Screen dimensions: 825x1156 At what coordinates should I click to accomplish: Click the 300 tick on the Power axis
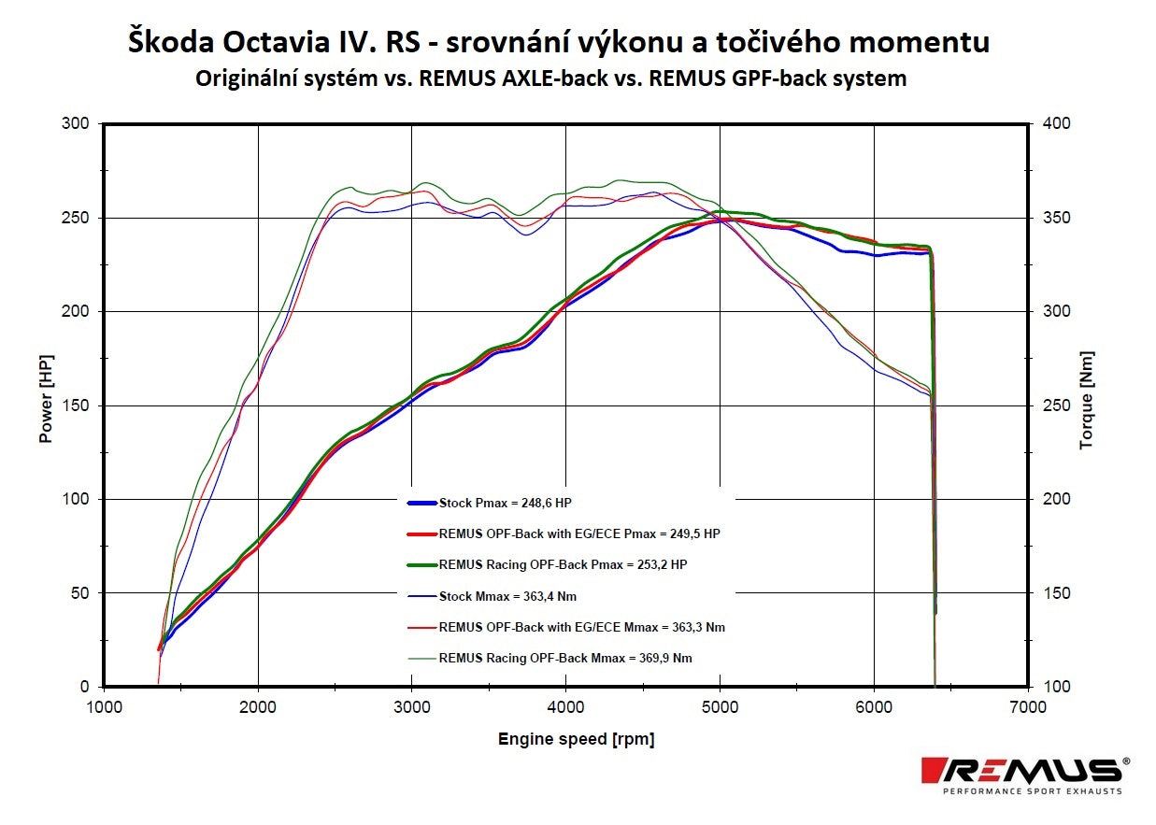(x=76, y=123)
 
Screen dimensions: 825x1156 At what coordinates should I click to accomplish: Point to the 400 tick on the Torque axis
(x=1046, y=123)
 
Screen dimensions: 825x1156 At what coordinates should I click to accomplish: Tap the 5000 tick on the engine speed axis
(x=719, y=707)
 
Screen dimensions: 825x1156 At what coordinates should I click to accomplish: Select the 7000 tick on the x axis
(x=1027, y=707)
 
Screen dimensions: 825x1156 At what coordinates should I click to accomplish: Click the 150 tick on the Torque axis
(x=1046, y=593)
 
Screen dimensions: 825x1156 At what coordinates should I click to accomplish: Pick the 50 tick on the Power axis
(x=79, y=593)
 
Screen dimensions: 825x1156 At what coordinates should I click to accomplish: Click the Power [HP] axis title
(x=46, y=398)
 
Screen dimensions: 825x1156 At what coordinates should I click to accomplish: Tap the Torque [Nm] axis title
(x=1086, y=400)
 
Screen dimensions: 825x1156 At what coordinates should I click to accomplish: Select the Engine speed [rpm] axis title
(x=576, y=739)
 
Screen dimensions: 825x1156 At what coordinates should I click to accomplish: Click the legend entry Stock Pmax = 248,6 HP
(x=505, y=503)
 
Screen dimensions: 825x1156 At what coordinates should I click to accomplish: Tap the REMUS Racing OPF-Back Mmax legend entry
(x=565, y=658)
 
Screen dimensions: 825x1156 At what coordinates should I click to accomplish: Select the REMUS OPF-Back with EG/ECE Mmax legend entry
(x=581, y=627)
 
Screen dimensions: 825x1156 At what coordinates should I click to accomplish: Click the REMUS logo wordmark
(x=1021, y=771)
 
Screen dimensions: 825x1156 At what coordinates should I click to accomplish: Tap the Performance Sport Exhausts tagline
(x=1032, y=791)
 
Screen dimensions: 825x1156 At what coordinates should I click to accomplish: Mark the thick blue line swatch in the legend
(x=421, y=503)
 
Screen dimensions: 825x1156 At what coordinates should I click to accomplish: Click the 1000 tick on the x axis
(x=103, y=707)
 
